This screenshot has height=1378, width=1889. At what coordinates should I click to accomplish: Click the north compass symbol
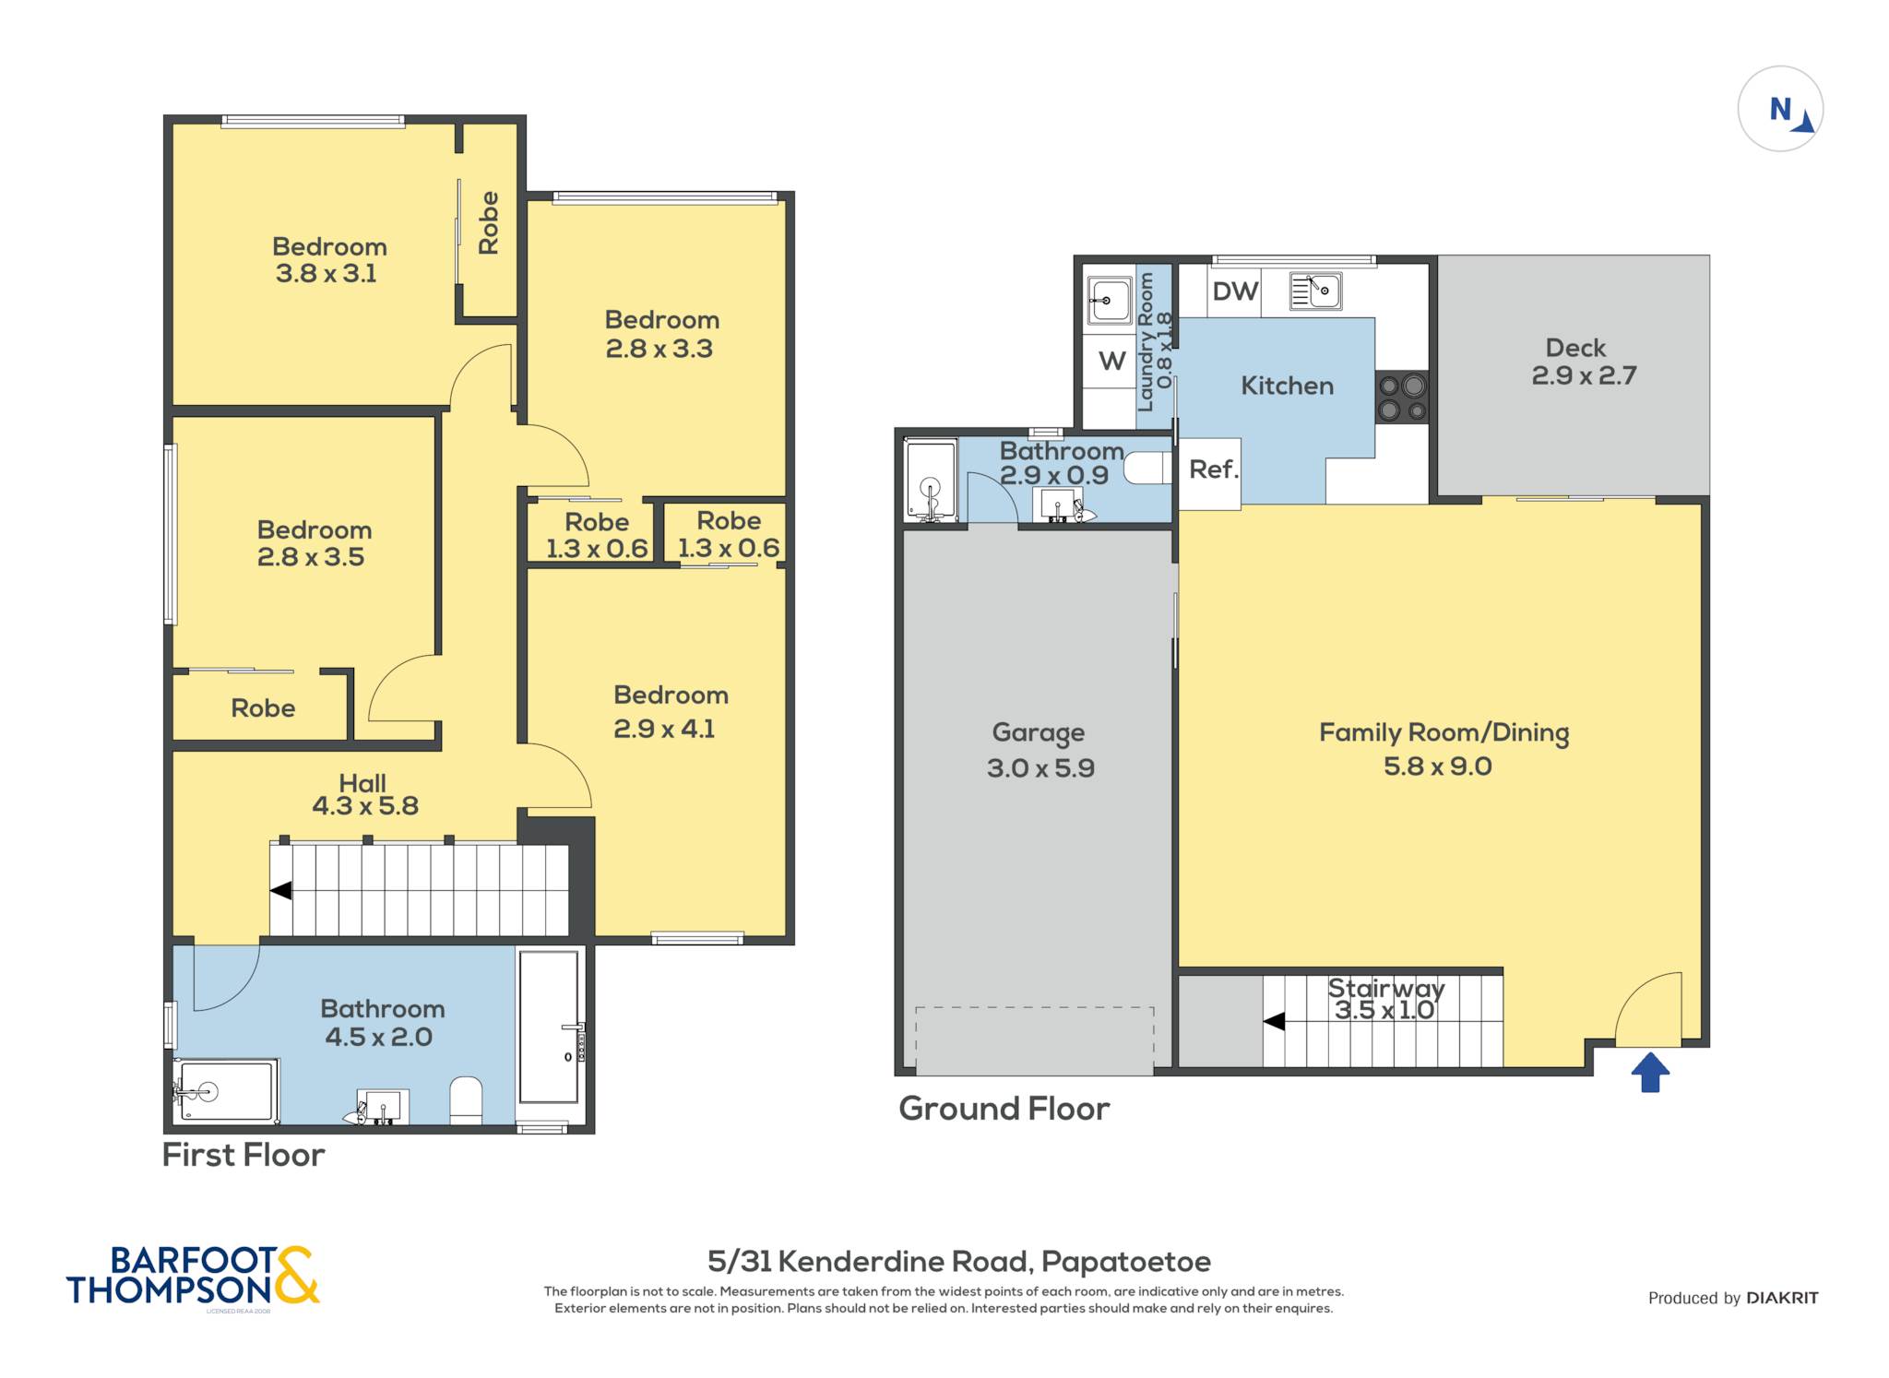tap(1780, 109)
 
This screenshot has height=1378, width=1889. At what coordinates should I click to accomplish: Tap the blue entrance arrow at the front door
tap(1650, 1073)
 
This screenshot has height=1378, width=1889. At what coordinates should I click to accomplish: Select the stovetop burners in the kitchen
tap(1402, 397)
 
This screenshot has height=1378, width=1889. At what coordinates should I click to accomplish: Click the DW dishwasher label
tap(1235, 291)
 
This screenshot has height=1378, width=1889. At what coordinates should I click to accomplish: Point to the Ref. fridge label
tap(1213, 469)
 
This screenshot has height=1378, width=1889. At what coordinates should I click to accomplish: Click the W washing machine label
tap(1111, 361)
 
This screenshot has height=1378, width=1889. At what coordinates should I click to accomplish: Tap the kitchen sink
tap(1315, 291)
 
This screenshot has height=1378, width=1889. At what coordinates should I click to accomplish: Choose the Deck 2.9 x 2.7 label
tap(1584, 362)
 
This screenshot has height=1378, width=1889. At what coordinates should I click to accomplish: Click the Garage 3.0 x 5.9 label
tap(1040, 750)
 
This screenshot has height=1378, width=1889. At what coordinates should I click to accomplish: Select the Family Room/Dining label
tap(1443, 732)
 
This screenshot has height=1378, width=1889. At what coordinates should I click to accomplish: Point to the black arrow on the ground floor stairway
tap(1274, 1021)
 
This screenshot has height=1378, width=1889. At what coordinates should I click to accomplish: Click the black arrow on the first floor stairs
tap(280, 891)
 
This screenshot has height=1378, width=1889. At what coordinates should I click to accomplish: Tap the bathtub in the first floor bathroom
tap(551, 1027)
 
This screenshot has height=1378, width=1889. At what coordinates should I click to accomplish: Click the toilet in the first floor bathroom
tap(466, 1099)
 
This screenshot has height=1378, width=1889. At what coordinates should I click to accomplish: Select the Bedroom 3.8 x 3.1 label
tap(328, 260)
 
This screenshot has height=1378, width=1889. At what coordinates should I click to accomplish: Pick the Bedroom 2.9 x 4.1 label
tap(670, 711)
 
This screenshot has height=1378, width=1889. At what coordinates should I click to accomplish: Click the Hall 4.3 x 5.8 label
tap(365, 795)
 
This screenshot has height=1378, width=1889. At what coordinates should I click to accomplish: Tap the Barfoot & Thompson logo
tap(193, 1276)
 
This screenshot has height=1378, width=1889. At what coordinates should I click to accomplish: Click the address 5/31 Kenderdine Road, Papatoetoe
tap(958, 1261)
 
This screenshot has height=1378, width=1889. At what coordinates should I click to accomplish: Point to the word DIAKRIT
tap(1782, 1298)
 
